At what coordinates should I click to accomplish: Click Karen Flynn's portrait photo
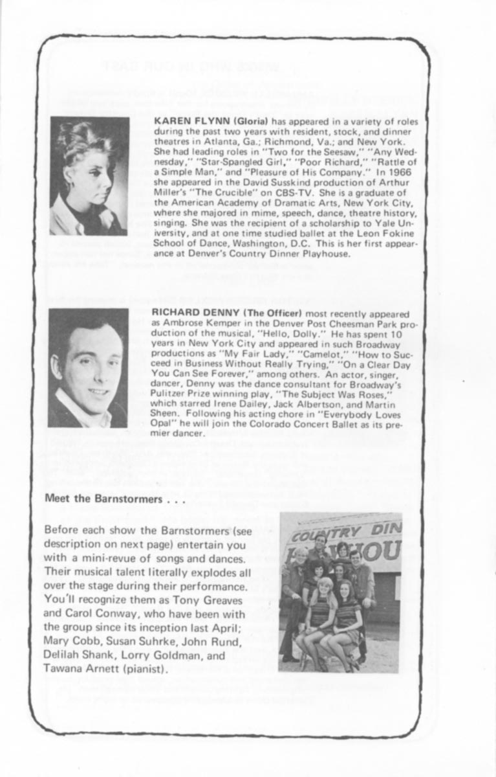point(89,175)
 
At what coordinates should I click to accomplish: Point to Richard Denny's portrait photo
point(88,368)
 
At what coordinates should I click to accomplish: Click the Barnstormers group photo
point(340,592)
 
